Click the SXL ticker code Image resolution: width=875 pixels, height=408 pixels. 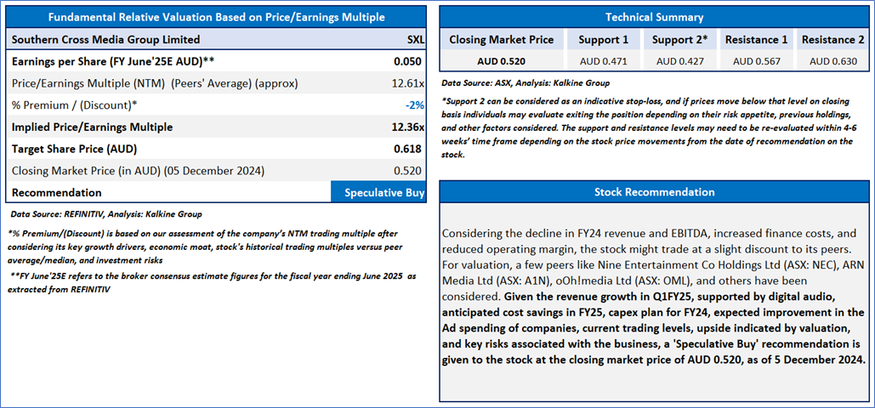point(416,40)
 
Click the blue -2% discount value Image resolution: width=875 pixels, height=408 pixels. point(415,105)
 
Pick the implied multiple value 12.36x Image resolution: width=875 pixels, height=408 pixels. point(408,127)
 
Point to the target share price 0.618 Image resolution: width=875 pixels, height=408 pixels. point(410,149)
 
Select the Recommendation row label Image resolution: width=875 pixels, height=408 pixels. point(56,193)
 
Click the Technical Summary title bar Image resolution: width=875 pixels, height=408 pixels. point(655,17)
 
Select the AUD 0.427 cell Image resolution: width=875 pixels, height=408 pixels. point(680,61)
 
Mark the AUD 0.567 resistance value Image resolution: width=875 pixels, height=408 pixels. point(756,61)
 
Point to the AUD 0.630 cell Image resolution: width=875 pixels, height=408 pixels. point(833,61)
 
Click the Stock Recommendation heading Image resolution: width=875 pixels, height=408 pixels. point(655,191)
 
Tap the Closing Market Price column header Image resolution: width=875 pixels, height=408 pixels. point(502,40)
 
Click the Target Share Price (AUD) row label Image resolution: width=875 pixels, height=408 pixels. point(74,149)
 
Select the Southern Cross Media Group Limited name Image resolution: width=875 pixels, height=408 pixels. point(105,40)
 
